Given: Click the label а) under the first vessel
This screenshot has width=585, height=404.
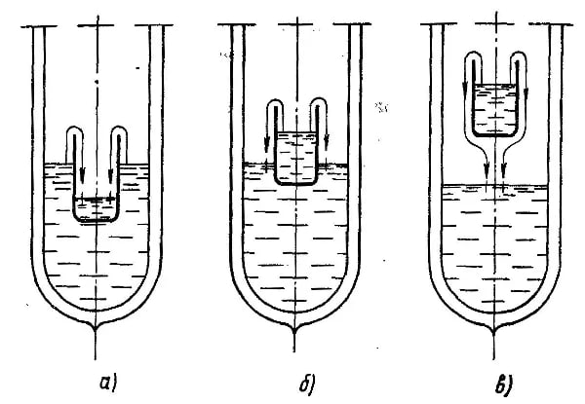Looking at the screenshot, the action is point(108,384).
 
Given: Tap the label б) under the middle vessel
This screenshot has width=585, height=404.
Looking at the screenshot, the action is point(307,384).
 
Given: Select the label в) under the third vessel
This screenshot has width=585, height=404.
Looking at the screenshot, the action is point(504,385).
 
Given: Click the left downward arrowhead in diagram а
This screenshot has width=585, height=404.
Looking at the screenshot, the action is point(82,174).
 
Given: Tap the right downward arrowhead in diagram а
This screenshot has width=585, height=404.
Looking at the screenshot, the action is point(110,175).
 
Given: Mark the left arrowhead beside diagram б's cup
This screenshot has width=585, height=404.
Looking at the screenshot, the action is point(267,145).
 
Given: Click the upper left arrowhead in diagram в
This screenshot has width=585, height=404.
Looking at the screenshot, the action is point(465,90).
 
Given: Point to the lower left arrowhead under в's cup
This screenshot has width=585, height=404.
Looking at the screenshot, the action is point(487,171).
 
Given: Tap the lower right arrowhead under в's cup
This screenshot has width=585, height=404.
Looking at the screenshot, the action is point(503,171).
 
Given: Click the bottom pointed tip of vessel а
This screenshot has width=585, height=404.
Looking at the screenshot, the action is point(96,329).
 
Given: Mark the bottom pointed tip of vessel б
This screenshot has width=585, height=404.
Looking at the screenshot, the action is point(294,330).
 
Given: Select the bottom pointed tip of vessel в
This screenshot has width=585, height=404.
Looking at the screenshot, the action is point(494,330).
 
